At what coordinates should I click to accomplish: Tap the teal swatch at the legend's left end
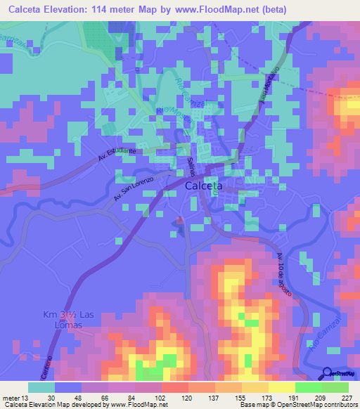pyautogui.click(x=41, y=387)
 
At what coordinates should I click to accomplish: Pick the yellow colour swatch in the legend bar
pyautogui.click(x=281, y=387)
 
